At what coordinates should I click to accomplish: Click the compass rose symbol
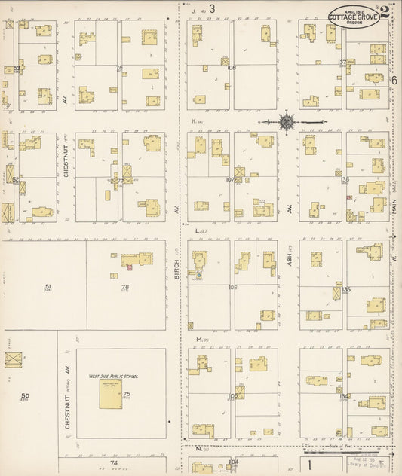287,121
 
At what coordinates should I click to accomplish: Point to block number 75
127,394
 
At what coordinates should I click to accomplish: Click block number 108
232,68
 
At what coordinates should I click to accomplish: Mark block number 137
342,62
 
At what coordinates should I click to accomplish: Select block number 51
48,287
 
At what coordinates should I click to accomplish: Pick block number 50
25,396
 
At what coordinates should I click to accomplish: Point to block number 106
232,287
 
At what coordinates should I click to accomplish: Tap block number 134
344,395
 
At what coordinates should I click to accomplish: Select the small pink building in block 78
128,267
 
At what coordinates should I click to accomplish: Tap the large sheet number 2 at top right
385,12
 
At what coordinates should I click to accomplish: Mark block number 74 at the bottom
115,462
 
